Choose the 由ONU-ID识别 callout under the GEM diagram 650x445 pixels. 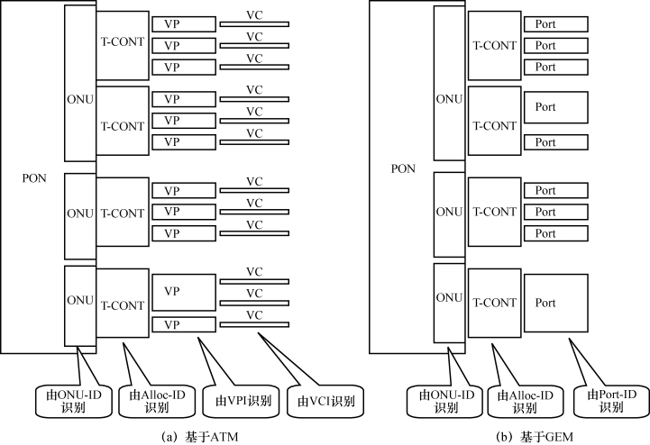pyautogui.click(x=442, y=400)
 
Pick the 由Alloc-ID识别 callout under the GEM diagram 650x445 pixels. pyautogui.click(x=521, y=400)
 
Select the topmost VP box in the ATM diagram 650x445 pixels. pyautogui.click(x=184, y=23)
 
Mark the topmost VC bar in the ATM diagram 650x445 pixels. pyautogui.click(x=254, y=24)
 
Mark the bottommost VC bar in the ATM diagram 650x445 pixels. pyautogui.click(x=254, y=324)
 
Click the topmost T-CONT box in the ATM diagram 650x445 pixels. pyautogui.click(x=123, y=41)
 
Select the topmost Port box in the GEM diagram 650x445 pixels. pyautogui.click(x=556, y=23)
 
